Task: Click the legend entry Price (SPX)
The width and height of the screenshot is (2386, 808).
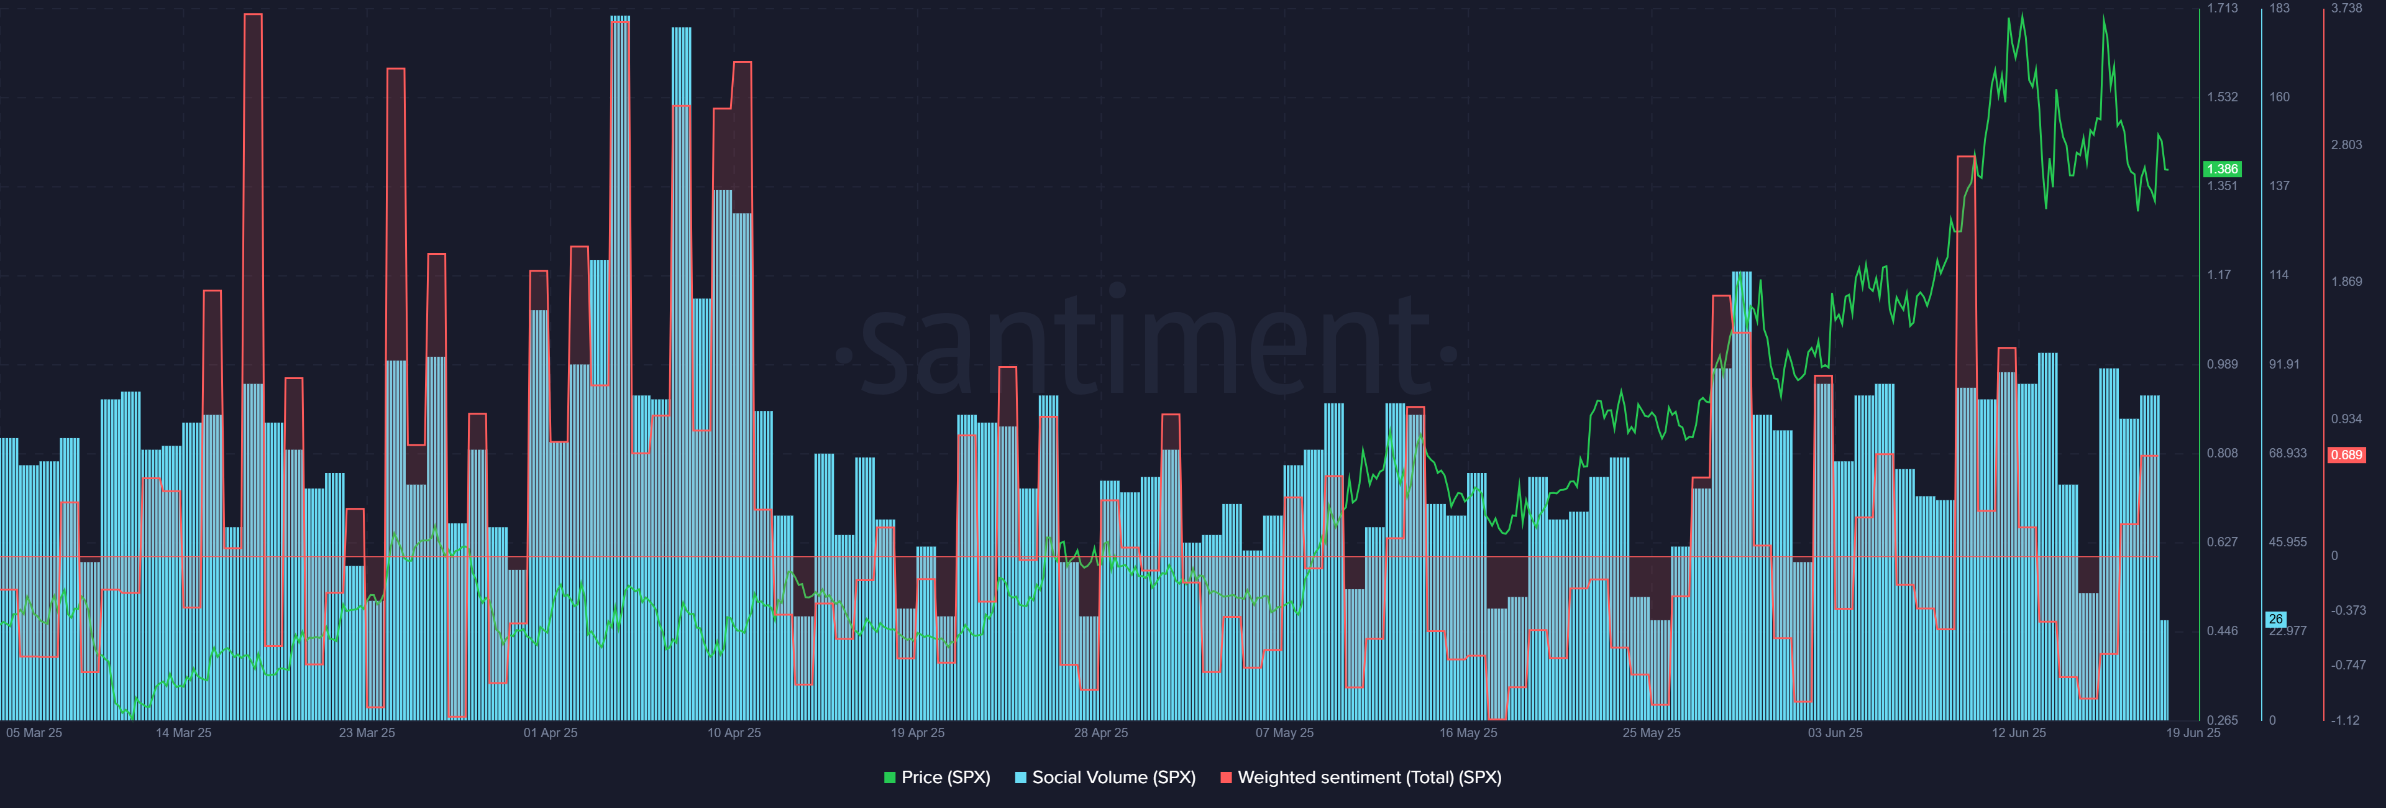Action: pyautogui.click(x=938, y=778)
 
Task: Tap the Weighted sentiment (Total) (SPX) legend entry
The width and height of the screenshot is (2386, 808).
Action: pyautogui.click(x=1361, y=778)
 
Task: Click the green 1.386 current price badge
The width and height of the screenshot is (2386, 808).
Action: pyautogui.click(x=2221, y=168)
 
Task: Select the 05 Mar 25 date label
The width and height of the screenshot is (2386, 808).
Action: pyautogui.click(x=34, y=733)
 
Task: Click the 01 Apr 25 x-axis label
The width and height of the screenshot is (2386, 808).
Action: pyautogui.click(x=550, y=733)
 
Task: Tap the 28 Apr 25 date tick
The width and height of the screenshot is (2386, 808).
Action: pyautogui.click(x=1100, y=733)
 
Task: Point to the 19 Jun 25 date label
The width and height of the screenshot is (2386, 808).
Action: pyautogui.click(x=2192, y=733)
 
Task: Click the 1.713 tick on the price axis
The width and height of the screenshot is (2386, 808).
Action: pyautogui.click(x=2221, y=8)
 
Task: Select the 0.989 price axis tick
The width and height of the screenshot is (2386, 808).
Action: pyautogui.click(x=2221, y=364)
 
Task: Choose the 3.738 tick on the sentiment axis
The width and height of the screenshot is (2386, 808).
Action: pyautogui.click(x=2346, y=8)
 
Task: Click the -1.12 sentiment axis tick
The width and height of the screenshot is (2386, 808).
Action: pyautogui.click(x=2346, y=720)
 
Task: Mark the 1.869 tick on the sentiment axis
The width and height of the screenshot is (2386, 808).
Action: pyautogui.click(x=2346, y=282)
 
